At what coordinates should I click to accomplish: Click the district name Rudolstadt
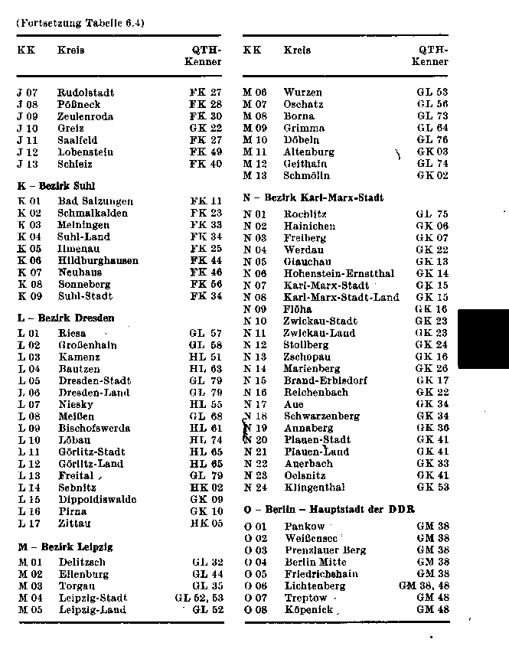pyautogui.click(x=86, y=93)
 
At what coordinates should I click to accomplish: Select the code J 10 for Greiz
pyautogui.click(x=28, y=129)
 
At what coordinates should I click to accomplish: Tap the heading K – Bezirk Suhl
pyautogui.click(x=56, y=185)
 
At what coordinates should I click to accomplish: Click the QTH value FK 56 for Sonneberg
pyautogui.click(x=206, y=285)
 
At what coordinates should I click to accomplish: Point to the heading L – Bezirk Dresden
pyautogui.click(x=66, y=318)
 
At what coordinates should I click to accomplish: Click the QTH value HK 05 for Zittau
pyautogui.click(x=206, y=524)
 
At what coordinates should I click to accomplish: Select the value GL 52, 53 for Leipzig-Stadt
pyautogui.click(x=199, y=598)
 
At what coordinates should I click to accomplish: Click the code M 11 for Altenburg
pyautogui.click(x=255, y=152)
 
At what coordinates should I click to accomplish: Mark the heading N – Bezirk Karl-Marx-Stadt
pyautogui.click(x=313, y=197)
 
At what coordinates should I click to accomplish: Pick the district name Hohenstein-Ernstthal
pyautogui.click(x=339, y=273)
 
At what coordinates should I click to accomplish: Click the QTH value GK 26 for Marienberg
pyautogui.click(x=432, y=368)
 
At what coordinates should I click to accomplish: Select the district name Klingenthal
pyautogui.click(x=314, y=488)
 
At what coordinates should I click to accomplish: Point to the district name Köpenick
pyautogui.click(x=308, y=610)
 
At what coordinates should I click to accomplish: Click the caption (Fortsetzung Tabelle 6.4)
pyautogui.click(x=80, y=22)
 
